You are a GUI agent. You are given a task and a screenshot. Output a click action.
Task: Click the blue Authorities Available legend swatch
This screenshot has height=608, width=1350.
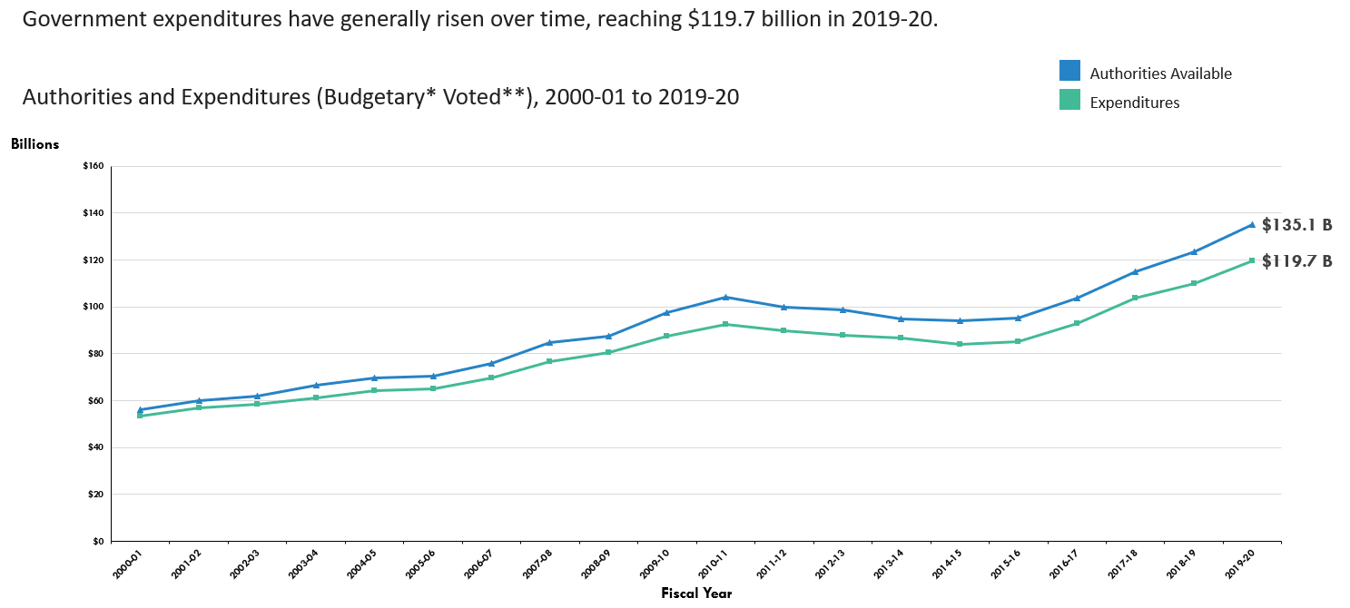[1069, 72]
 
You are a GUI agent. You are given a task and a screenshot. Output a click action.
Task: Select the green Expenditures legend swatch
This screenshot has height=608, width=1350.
[1069, 101]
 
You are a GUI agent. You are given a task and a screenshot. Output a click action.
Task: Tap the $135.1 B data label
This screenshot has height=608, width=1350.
[1296, 225]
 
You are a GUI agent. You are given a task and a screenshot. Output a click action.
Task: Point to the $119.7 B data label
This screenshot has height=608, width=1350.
[1296, 261]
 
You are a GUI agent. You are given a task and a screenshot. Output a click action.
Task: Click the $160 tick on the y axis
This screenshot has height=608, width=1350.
[94, 166]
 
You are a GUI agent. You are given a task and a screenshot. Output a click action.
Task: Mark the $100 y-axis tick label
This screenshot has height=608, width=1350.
[94, 307]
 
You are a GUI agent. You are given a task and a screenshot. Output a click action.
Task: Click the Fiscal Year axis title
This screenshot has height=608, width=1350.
[696, 593]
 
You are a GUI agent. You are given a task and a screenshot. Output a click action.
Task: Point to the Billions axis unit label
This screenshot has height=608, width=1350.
[34, 143]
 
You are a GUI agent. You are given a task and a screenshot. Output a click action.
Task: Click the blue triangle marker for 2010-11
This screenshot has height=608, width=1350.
[725, 297]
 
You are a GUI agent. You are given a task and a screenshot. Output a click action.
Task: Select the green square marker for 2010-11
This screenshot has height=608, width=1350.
[725, 324]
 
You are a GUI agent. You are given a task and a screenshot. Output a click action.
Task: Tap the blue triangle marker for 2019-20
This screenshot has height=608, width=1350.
[1252, 224]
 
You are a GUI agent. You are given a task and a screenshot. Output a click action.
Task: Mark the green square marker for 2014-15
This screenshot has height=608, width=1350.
[960, 344]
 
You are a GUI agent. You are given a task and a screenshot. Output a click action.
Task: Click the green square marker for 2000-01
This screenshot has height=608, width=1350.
[140, 416]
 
